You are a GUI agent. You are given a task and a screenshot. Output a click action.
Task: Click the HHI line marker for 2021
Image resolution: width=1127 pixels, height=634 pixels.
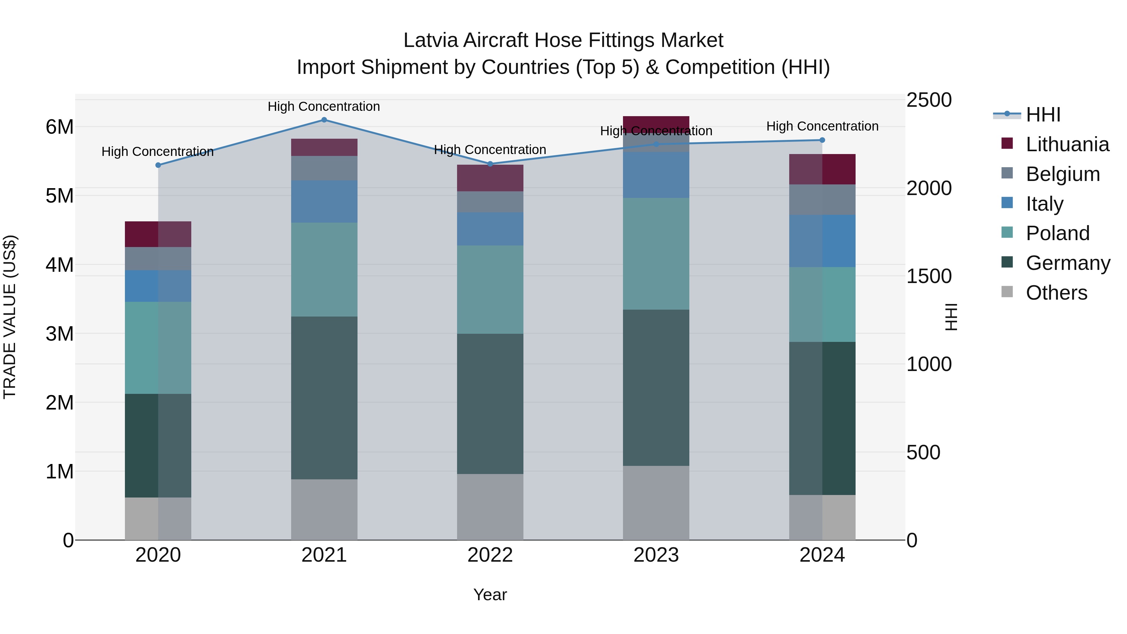tap(324, 120)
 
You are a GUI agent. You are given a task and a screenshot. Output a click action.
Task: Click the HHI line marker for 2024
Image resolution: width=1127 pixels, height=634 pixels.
tap(822, 140)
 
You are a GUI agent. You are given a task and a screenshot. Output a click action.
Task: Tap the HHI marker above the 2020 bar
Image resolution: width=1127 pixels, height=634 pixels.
tap(158, 165)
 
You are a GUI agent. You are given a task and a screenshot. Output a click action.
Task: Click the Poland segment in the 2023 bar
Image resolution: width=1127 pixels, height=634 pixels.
tap(656, 254)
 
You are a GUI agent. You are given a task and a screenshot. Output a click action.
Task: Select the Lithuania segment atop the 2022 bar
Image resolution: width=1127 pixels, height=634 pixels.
tap(490, 178)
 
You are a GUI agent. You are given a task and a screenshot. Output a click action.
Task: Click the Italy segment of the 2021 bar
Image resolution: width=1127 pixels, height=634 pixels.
tap(324, 201)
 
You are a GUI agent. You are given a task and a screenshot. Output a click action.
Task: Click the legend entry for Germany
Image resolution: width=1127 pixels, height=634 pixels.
tap(1068, 263)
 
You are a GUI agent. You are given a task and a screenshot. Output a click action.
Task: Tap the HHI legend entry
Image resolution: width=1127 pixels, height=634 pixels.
tap(1043, 115)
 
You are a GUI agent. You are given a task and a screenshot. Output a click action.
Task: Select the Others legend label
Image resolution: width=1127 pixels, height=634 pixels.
tap(1056, 293)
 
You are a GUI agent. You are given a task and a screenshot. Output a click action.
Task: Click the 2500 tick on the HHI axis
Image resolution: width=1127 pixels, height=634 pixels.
tap(929, 100)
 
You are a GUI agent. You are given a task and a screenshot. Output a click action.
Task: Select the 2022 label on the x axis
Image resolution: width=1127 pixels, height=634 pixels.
tap(490, 555)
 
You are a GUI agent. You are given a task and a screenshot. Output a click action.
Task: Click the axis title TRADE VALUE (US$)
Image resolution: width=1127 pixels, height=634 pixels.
tap(10, 317)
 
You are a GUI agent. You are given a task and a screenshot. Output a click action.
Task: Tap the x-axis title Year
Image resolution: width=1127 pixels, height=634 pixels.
tap(490, 595)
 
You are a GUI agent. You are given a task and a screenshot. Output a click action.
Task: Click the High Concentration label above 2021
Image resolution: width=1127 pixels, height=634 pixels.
tap(324, 106)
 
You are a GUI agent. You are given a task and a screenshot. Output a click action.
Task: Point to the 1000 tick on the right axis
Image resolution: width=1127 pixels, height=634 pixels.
tap(929, 364)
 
